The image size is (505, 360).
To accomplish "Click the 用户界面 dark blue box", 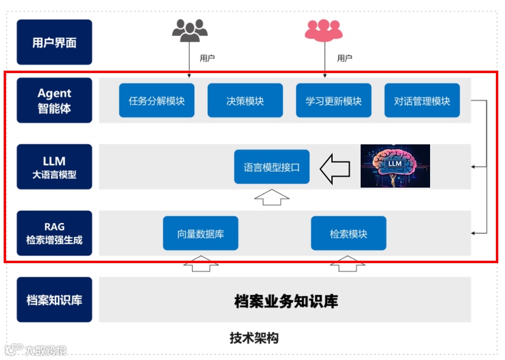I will click(54, 42).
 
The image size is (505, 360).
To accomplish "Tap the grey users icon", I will click(189, 30).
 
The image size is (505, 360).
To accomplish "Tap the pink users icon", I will click(324, 30).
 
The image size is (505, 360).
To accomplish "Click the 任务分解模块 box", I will click(157, 101).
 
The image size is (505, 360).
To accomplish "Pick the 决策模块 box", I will click(245, 101).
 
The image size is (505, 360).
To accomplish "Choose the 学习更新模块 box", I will click(333, 101).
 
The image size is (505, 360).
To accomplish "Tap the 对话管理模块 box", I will click(422, 101).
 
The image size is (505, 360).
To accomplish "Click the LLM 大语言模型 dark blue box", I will click(54, 167).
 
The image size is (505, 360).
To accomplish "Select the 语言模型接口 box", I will click(272, 167).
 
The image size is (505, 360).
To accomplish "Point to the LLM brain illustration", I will click(395, 166).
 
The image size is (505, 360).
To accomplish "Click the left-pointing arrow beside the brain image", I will click(334, 168).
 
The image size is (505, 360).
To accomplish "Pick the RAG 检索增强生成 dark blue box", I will click(54, 233).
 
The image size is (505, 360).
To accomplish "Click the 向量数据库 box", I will click(200, 233).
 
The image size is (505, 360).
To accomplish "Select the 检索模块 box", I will click(348, 233).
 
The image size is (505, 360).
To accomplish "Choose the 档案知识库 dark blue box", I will click(54, 300).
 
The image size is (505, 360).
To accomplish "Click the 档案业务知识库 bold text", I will click(286, 300).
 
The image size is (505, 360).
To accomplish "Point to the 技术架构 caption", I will click(254, 338).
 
